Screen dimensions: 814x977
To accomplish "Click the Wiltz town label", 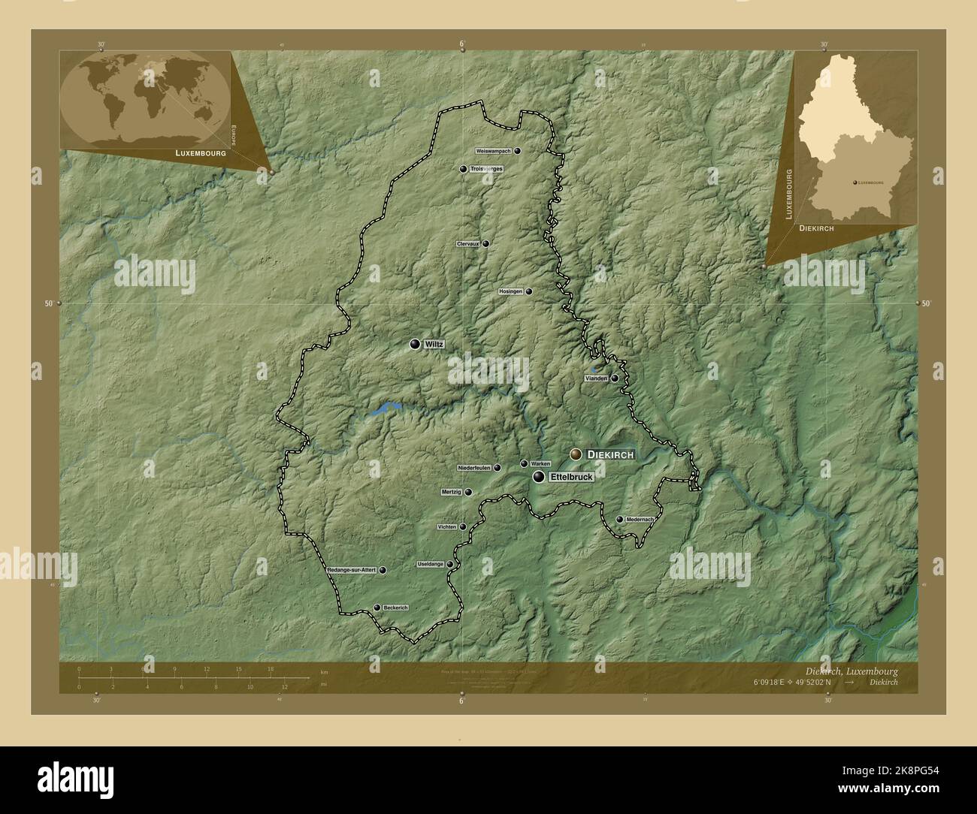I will pyautogui.click(x=434, y=344).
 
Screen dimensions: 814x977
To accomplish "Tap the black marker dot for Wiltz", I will pyautogui.click(x=415, y=344).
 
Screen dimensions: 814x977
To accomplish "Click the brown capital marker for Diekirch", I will pyautogui.click(x=576, y=454).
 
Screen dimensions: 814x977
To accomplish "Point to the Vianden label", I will pyautogui.click(x=596, y=378).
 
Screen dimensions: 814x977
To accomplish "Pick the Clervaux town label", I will pyautogui.click(x=467, y=244).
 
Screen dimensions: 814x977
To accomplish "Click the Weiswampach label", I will pyautogui.click(x=493, y=151).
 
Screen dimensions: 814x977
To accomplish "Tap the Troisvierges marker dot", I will pyautogui.click(x=464, y=169).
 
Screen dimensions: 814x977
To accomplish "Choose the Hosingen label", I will pyautogui.click(x=510, y=291).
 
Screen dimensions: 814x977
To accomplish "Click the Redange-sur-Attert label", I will pyautogui.click(x=351, y=571).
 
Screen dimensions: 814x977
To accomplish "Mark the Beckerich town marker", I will pyautogui.click(x=377, y=608).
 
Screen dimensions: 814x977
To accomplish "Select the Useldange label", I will pyautogui.click(x=431, y=564).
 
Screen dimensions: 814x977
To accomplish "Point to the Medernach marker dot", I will pyautogui.click(x=619, y=519).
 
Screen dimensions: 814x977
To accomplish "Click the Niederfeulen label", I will pyautogui.click(x=473, y=467).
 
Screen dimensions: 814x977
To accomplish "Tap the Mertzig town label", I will pyautogui.click(x=451, y=493).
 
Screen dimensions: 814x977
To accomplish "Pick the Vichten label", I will pyautogui.click(x=446, y=527).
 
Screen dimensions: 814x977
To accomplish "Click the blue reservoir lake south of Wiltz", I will pyautogui.click(x=386, y=409).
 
